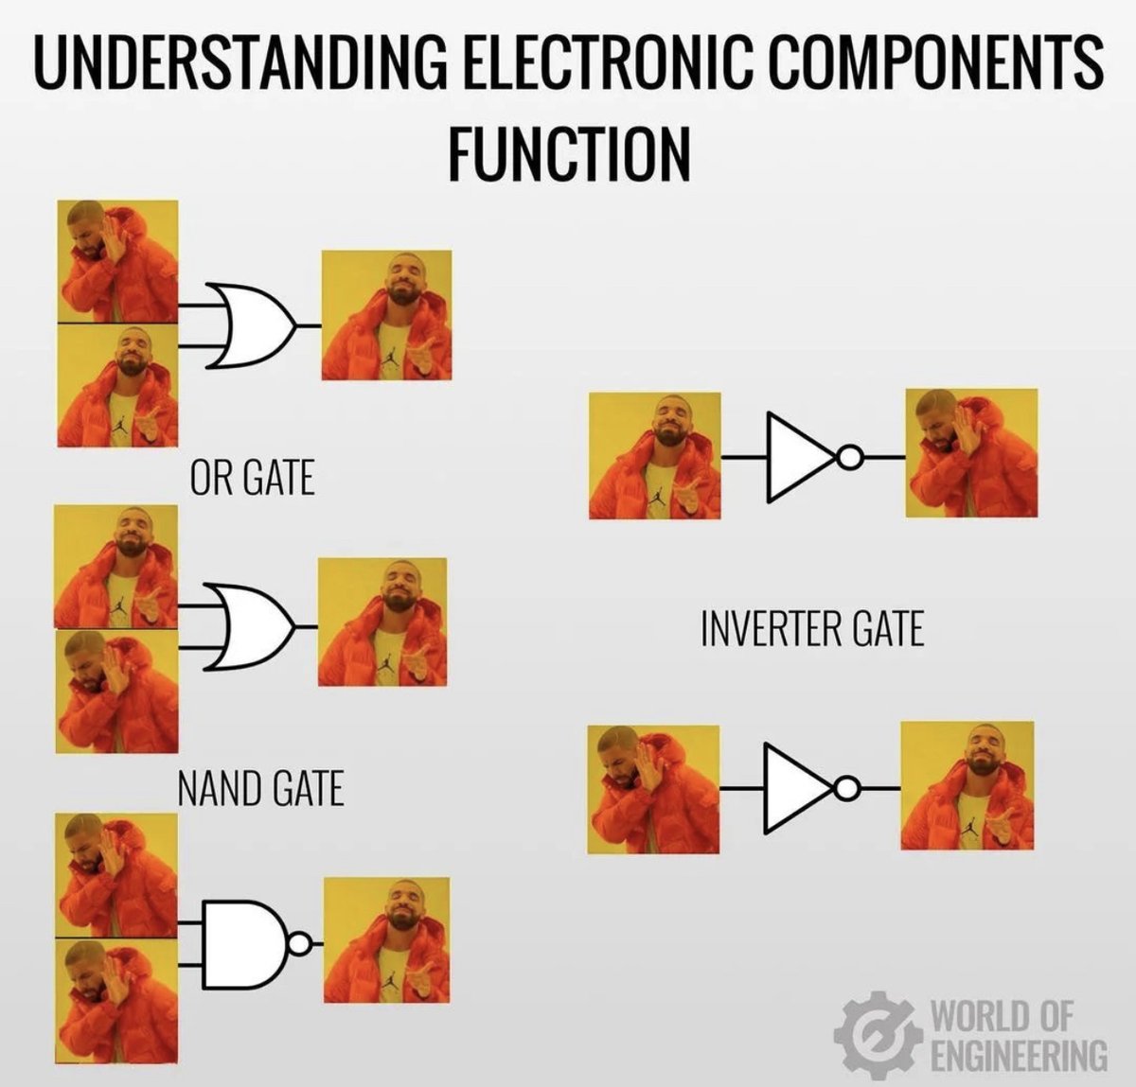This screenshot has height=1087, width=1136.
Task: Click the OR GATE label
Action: [252, 478]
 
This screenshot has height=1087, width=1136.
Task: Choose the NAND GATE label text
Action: [260, 787]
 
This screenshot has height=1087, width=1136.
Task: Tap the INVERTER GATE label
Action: [812, 628]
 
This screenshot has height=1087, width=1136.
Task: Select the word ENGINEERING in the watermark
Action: [1019, 1053]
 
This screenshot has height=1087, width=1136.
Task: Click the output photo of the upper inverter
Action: [970, 453]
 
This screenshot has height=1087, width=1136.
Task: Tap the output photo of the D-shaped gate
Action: [387, 939]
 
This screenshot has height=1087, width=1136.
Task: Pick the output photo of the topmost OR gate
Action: [387, 315]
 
